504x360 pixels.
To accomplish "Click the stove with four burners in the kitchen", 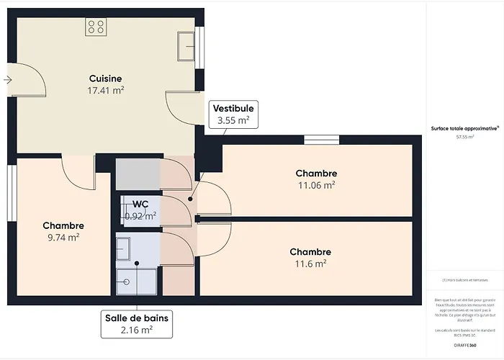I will (96, 27).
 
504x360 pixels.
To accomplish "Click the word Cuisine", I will (105, 78).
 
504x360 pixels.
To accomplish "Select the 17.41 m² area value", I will (105, 91).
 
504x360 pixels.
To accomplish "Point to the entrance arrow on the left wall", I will (8, 79).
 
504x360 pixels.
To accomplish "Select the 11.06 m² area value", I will (316, 185).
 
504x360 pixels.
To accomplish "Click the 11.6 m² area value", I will (310, 264).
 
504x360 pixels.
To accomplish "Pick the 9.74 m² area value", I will (63, 238).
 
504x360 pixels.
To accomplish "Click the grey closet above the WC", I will (138, 174).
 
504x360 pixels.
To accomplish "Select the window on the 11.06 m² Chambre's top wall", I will (316, 140).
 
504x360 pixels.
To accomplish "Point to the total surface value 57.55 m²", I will (464, 135).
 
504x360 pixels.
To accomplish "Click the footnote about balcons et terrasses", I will (464, 279).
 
